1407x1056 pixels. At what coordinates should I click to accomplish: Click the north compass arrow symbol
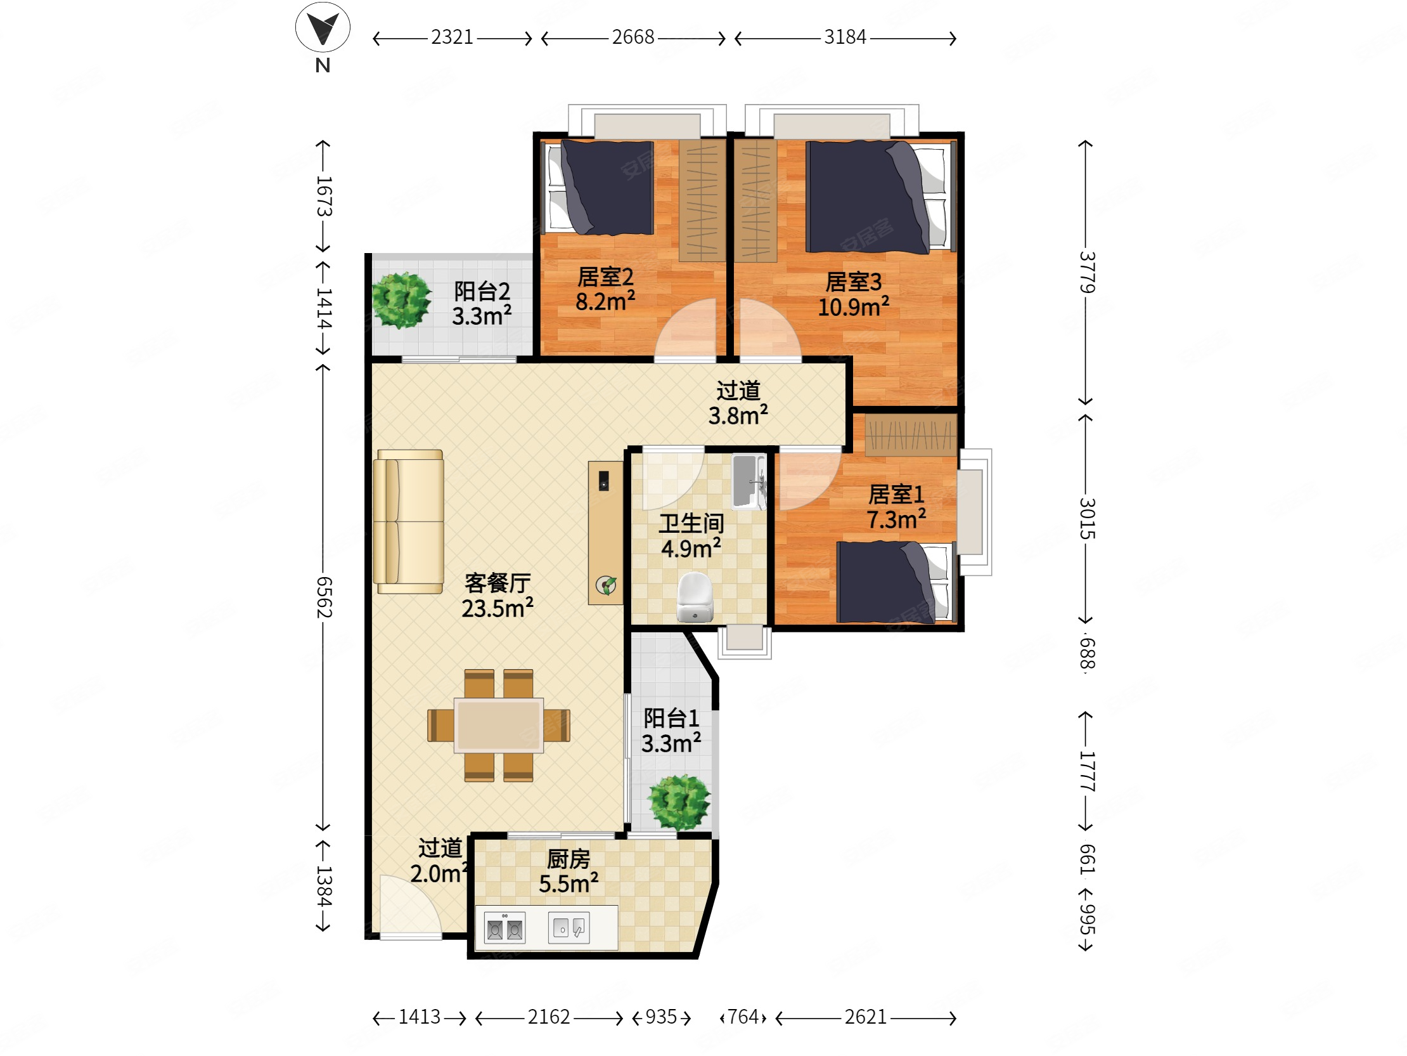pyautogui.click(x=323, y=27)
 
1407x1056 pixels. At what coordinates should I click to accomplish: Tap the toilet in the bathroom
pyautogui.click(x=695, y=596)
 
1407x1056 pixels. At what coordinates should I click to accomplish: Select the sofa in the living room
pyautogui.click(x=408, y=521)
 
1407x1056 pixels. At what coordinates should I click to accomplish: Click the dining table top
pyautogui.click(x=499, y=725)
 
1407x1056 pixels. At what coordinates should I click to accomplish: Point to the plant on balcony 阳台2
pyautogui.click(x=401, y=300)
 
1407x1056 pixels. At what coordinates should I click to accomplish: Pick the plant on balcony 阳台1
pyautogui.click(x=679, y=802)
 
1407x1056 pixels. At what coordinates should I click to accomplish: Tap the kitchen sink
pyautogui.click(x=569, y=927)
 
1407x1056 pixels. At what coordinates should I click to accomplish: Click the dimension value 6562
pyautogui.click(x=324, y=597)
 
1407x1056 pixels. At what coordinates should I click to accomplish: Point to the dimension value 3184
pyautogui.click(x=845, y=37)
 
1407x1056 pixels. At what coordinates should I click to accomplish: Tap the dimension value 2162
pyautogui.click(x=548, y=1017)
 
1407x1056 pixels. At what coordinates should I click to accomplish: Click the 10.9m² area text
pyautogui.click(x=853, y=308)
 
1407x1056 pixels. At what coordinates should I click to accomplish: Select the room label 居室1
pyautogui.click(x=896, y=494)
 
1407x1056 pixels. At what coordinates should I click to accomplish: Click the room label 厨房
pyautogui.click(x=568, y=859)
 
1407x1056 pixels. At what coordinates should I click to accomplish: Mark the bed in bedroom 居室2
pyautogui.click(x=598, y=188)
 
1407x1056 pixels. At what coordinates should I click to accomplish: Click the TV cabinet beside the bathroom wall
pyautogui.click(x=605, y=533)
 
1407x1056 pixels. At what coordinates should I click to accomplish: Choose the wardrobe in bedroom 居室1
pyautogui.click(x=911, y=435)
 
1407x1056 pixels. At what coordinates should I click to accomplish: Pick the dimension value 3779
pyautogui.click(x=1086, y=273)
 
